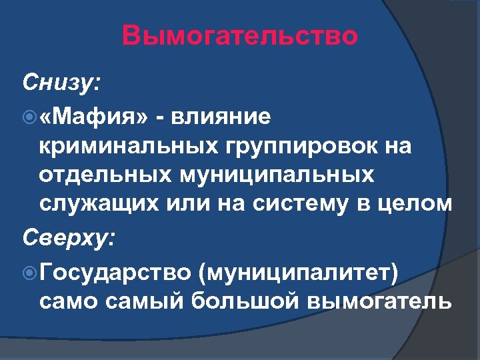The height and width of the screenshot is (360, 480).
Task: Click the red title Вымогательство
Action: [x=240, y=36]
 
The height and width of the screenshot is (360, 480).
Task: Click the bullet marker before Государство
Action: [x=28, y=272]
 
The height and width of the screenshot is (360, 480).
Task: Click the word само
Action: [x=67, y=301]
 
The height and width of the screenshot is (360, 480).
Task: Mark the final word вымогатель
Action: [x=379, y=301]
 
